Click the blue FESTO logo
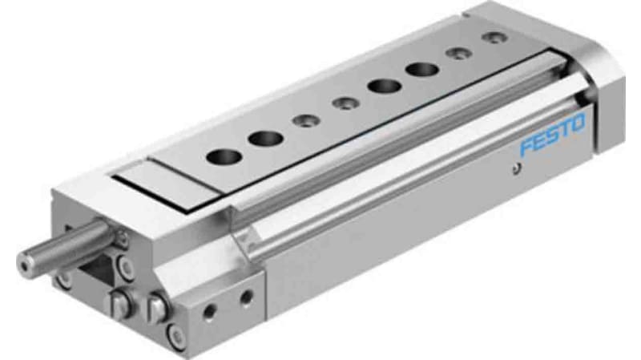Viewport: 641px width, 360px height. pos(553,137)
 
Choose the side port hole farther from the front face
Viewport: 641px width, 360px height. pos(246,297)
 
